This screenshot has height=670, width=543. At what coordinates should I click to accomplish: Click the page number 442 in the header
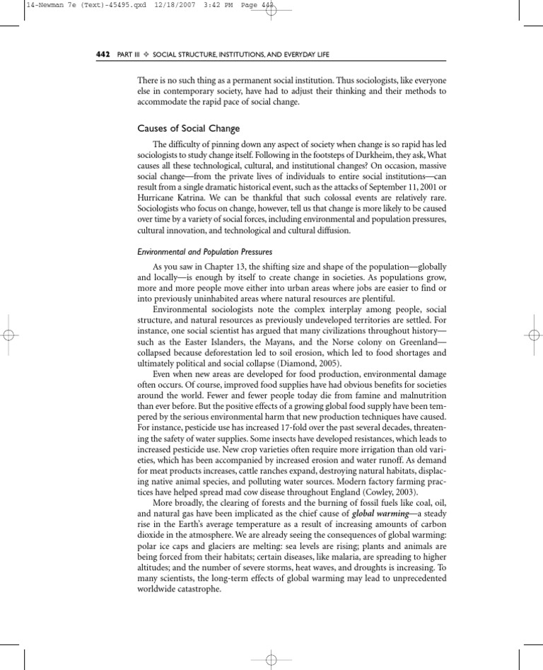coord(102,54)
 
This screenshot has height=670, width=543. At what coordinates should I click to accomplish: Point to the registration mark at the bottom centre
coord(271,660)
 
